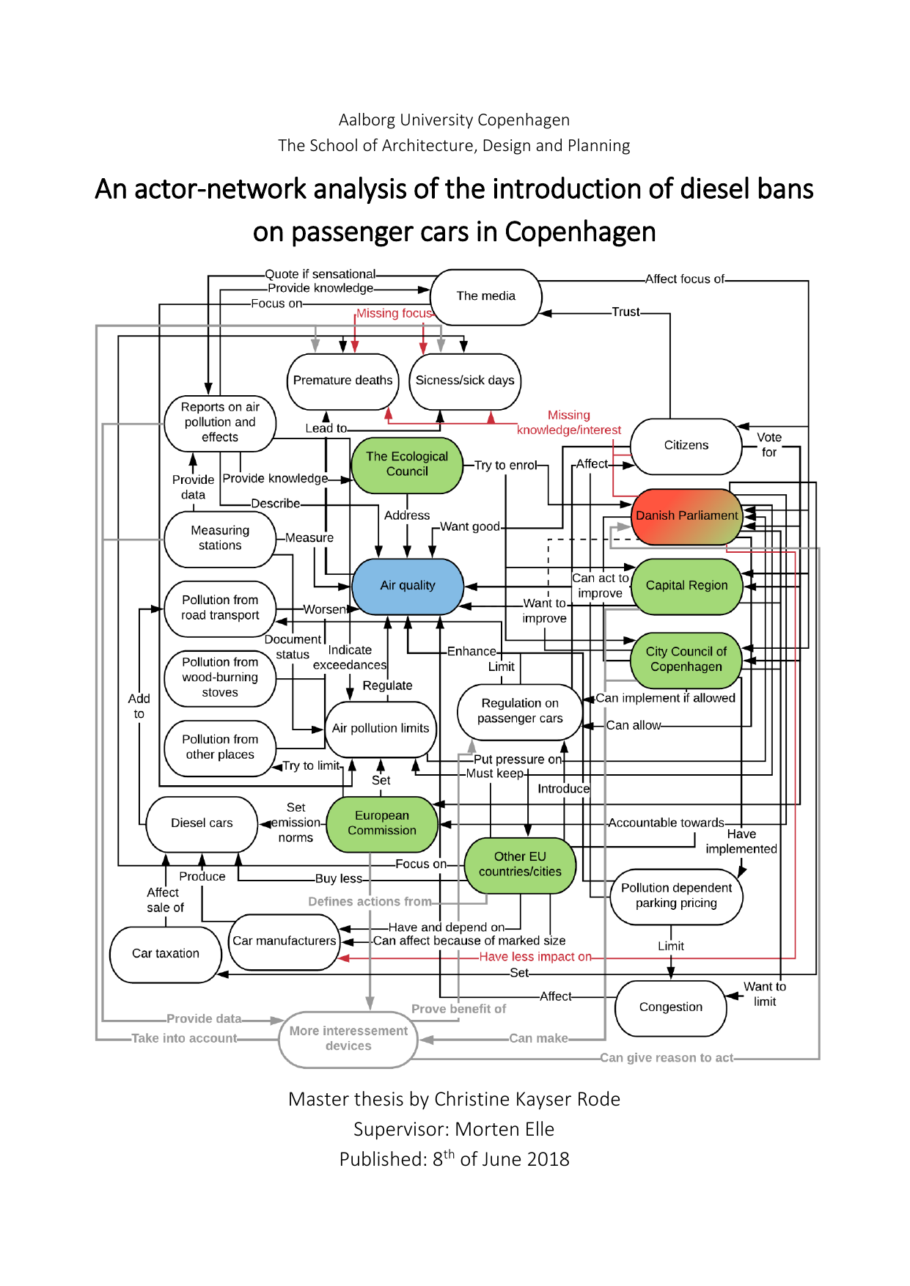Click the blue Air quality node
tap(408, 586)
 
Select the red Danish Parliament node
tap(686, 516)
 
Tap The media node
tap(485, 296)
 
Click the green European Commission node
tap(381, 823)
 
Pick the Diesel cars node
tap(202, 823)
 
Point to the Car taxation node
tap(165, 954)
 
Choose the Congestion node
tap(670, 1007)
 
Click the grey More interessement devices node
tap(348, 1039)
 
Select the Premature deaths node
tap(342, 381)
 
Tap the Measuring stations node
tap(220, 538)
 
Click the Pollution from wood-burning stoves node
tap(220, 677)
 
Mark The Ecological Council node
tap(407, 464)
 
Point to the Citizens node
tap(686, 446)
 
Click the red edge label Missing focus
tap(394, 314)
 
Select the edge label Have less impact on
tap(535, 957)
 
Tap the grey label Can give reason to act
tap(666, 1058)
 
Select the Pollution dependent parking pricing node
tap(676, 896)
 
